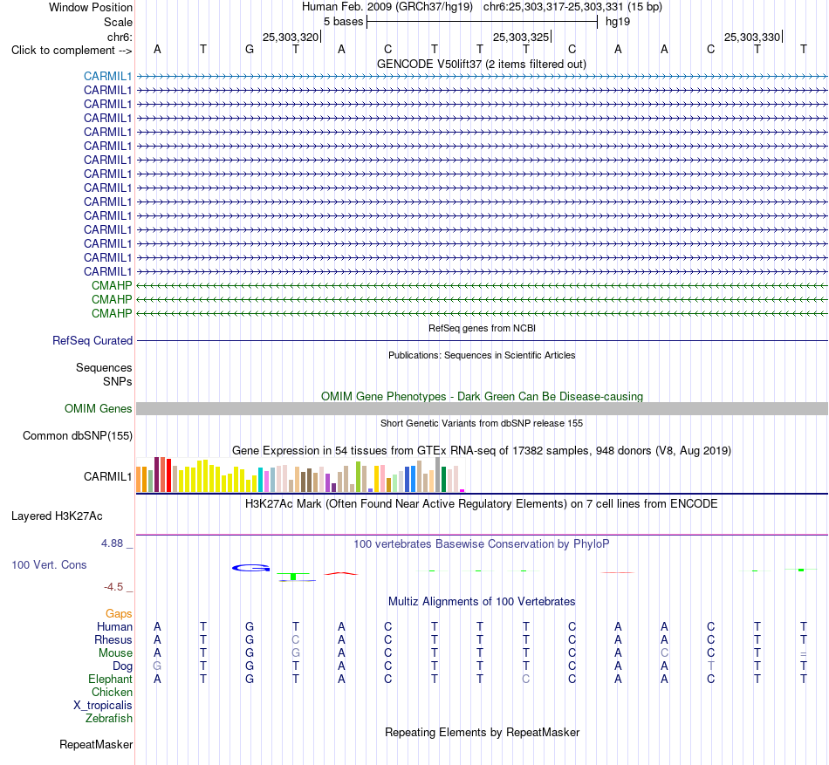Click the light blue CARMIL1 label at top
[107, 76]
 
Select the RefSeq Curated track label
[92, 341]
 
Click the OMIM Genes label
[99, 408]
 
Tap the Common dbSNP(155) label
[78, 436]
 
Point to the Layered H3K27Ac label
[57, 516]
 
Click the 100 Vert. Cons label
[49, 564]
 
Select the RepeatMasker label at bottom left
[96, 744]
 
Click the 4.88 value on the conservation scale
[112, 543]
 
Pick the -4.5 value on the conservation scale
[113, 587]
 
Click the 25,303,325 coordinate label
[521, 37]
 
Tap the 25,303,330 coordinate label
[752, 37]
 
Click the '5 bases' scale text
[344, 22]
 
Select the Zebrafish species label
[109, 719]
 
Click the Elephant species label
[111, 679]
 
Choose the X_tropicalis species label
[103, 706]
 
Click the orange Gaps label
[119, 613]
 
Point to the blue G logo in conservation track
[251, 568]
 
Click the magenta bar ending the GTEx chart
[462, 491]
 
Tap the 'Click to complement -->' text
[72, 51]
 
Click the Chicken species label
[112, 692]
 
